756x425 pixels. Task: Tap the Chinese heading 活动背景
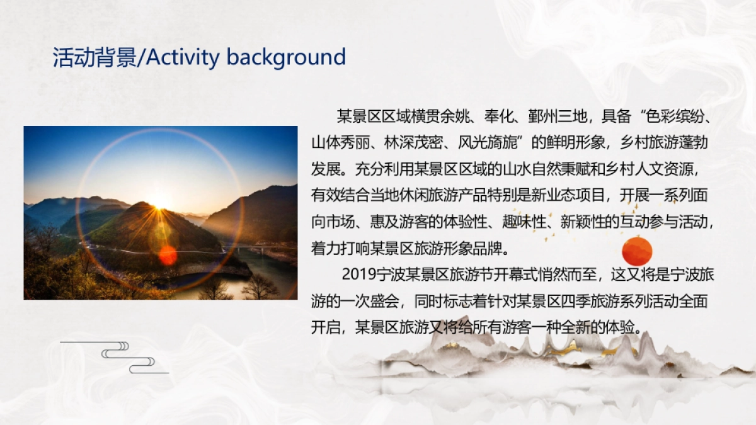[94, 57]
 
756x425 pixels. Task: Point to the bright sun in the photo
[160, 200]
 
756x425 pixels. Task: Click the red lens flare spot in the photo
[168, 255]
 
